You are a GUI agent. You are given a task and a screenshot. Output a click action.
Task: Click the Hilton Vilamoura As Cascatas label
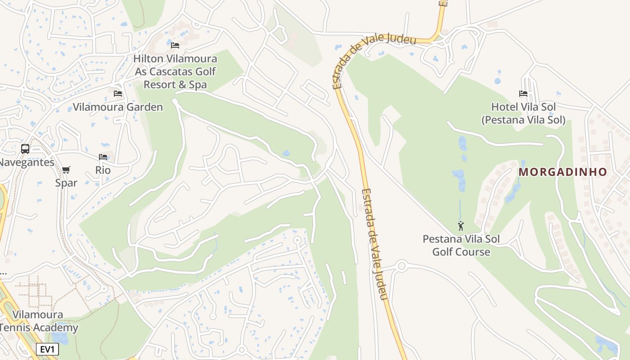coord(175,72)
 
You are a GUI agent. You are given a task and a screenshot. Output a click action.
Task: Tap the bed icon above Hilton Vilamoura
coord(175,45)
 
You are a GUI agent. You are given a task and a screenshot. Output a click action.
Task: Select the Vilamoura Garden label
coord(118,107)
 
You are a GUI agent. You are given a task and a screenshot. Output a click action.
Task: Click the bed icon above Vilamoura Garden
coord(118,93)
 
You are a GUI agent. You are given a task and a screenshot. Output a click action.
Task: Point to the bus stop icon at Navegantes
coord(25,148)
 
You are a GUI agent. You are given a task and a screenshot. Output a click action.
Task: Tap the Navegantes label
coord(26,162)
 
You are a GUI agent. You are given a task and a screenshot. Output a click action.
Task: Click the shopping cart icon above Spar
coord(66,170)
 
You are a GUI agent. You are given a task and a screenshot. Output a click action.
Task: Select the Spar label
coord(66,183)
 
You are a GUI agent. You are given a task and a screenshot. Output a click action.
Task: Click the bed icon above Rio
coord(103,157)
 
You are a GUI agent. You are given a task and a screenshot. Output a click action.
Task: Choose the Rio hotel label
coord(103,170)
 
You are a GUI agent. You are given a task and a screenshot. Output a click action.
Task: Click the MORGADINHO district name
coord(563,172)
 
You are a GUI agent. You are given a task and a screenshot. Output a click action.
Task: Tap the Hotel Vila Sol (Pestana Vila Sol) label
coord(523,113)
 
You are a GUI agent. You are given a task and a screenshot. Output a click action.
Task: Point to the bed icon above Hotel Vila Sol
coord(523,94)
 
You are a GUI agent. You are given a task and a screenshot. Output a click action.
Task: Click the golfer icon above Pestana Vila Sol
coord(461,226)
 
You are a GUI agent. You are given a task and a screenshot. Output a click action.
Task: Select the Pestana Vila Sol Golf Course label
coord(461,245)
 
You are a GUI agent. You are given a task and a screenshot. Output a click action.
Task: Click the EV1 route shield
coord(47,349)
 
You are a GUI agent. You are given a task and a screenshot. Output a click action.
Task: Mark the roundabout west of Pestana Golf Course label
coord(402,266)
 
